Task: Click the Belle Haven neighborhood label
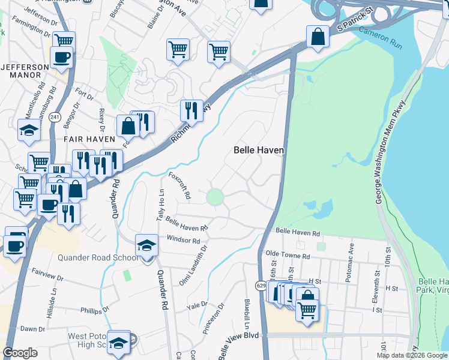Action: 258,150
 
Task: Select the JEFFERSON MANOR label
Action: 25,71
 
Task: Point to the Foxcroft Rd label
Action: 179,185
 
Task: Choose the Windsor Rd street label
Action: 183,240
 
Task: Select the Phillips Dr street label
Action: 94,310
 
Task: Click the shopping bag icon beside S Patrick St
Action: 318,37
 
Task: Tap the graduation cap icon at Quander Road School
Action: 147,245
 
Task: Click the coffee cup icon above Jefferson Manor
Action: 61,58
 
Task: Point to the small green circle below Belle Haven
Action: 215,197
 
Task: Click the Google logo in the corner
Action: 20,353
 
